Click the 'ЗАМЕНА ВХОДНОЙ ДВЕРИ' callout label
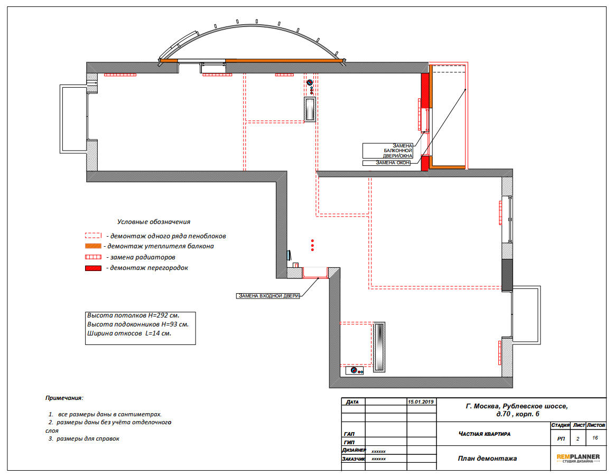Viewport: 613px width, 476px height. click(x=268, y=296)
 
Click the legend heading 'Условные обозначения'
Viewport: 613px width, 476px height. click(x=154, y=222)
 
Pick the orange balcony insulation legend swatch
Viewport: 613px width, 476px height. click(x=93, y=246)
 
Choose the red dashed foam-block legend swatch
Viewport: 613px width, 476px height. click(x=93, y=236)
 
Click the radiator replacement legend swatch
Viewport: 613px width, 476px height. click(x=93, y=257)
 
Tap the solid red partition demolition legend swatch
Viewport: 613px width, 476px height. click(x=93, y=268)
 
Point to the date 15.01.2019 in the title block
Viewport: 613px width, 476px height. click(x=421, y=402)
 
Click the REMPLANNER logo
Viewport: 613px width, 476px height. click(x=578, y=458)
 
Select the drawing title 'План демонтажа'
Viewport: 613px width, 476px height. click(x=487, y=459)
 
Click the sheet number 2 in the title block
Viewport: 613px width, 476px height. click(x=578, y=439)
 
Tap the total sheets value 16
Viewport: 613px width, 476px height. click(x=595, y=438)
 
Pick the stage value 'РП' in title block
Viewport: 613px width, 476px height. click(x=561, y=439)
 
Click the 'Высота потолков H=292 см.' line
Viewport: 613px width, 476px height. click(x=133, y=315)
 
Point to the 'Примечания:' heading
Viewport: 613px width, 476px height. click(x=64, y=398)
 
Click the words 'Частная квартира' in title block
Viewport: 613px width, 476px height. click(x=485, y=434)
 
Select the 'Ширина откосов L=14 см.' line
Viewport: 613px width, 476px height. click(x=129, y=333)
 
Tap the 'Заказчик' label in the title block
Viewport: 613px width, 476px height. click(x=354, y=459)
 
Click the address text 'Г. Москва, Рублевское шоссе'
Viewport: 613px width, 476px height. click(x=517, y=406)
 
